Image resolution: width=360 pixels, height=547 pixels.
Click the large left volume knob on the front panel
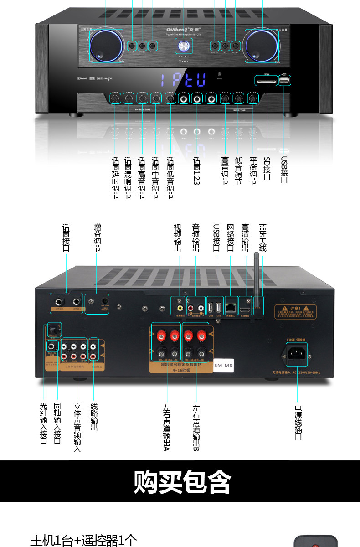pos(106,46)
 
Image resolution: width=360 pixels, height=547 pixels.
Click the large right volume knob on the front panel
pos(262,46)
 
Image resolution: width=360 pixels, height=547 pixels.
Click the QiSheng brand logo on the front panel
pos(183,28)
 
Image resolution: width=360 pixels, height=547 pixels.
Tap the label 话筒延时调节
pos(115,178)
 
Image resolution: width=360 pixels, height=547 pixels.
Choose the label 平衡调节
pos(253,171)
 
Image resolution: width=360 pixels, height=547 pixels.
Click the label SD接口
pos(267,168)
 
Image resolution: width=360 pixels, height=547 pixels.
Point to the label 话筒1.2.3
pos(197,171)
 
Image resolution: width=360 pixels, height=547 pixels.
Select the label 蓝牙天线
pos(263,237)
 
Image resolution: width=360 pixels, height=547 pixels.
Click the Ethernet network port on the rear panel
pos(231,307)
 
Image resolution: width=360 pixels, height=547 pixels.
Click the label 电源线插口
pos(298,422)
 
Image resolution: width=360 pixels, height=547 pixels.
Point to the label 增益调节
pos(97,237)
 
